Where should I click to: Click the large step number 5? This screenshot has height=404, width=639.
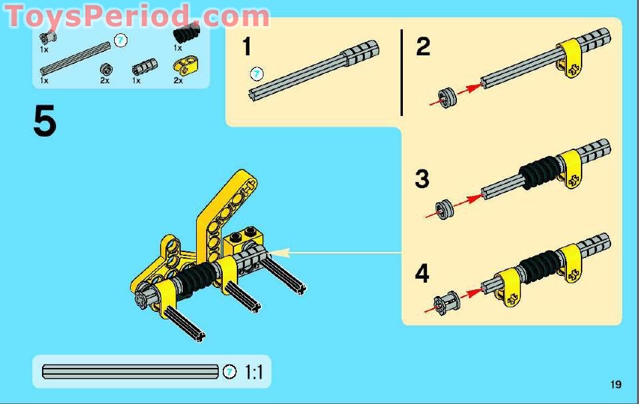[45, 122]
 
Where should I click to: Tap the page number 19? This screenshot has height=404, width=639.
[615, 384]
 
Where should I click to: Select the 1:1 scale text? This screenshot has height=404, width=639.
[253, 372]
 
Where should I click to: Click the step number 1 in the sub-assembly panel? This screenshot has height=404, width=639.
[247, 47]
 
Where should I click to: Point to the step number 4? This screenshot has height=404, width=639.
[422, 274]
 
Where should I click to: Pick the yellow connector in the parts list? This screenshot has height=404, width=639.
[181, 67]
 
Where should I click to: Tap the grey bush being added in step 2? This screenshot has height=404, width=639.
[448, 97]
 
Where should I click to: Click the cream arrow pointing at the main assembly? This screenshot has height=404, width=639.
[334, 253]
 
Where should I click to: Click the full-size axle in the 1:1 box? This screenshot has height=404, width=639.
[130, 372]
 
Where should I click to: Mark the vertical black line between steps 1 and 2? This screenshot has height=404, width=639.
[402, 72]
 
